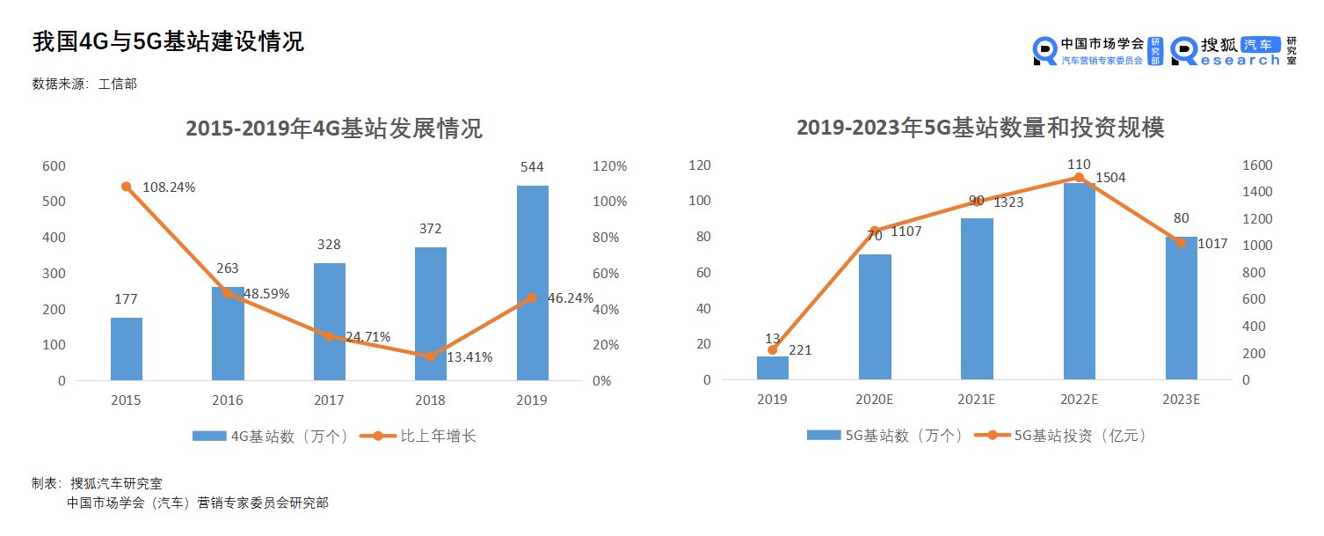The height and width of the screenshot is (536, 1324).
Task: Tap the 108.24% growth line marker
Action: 127,187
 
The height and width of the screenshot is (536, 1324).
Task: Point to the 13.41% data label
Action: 469,356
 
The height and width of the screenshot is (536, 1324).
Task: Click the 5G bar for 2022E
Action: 1079,281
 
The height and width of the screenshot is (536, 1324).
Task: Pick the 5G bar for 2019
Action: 773,368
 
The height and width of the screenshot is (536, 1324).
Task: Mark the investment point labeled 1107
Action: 875,231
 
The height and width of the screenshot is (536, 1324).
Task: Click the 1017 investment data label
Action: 1213,244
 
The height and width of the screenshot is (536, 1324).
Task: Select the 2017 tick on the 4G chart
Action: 329,400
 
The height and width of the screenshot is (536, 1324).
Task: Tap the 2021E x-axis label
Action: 977,400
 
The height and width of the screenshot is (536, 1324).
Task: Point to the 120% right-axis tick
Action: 609,166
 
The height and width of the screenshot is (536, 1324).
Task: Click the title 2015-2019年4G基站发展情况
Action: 334,128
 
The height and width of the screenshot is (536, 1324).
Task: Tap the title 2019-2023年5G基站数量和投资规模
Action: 980,128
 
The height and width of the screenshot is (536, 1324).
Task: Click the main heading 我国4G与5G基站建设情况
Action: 168,42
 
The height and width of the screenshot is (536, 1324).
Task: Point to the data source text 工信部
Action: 117,84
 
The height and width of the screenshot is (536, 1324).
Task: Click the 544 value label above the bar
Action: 532,167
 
